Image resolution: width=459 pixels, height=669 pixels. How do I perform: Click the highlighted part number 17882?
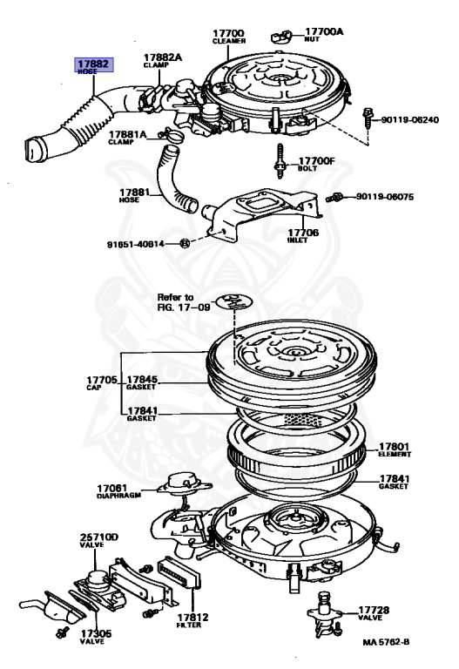(93, 64)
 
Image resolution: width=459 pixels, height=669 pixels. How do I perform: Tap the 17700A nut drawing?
(281, 37)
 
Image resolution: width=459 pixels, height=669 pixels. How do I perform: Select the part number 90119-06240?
(409, 120)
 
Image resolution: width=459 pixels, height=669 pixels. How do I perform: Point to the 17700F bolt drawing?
(280, 161)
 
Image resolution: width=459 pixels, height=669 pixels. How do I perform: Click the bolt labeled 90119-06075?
(334, 197)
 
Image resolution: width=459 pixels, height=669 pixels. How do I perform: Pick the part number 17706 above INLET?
(303, 232)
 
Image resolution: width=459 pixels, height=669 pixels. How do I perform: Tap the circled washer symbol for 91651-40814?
(185, 244)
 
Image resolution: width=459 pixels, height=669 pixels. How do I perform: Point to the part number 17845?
(142, 379)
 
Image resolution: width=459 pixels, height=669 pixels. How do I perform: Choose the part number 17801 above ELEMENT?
(395, 447)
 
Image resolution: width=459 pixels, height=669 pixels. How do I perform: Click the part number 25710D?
(99, 537)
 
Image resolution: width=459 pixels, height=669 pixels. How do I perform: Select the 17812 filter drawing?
(179, 572)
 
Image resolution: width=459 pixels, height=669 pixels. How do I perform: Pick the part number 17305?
(96, 633)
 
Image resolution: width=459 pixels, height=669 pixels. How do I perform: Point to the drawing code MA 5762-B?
(386, 642)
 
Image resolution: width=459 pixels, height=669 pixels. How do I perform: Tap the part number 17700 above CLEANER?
(229, 33)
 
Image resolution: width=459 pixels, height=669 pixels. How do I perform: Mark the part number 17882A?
(163, 57)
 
